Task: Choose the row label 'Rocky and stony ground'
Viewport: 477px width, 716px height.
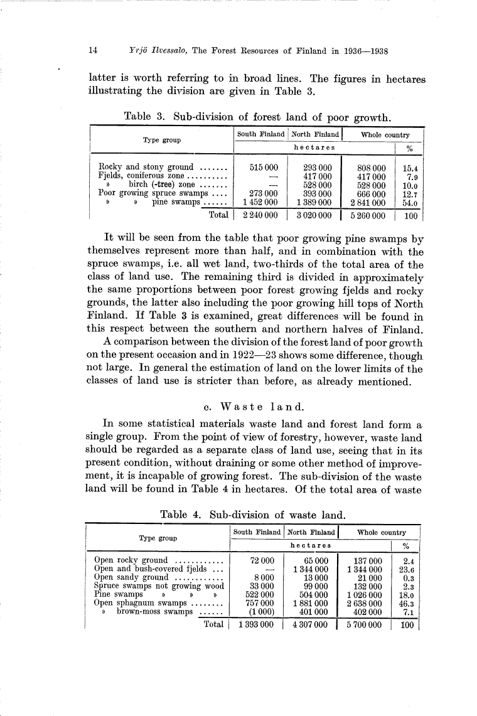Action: click(146, 168)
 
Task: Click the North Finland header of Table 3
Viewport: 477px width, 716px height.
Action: click(314, 134)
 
